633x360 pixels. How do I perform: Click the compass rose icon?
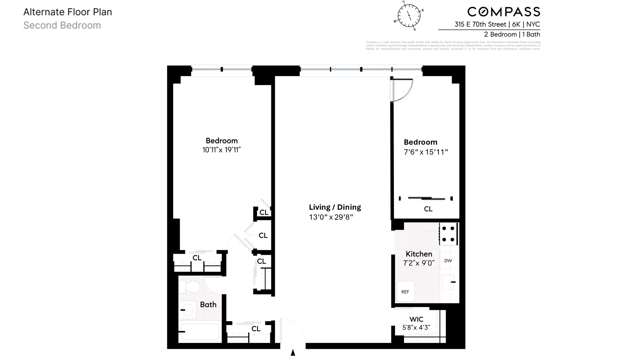pyautogui.click(x=409, y=15)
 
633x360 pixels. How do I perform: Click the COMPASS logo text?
pyautogui.click(x=504, y=12)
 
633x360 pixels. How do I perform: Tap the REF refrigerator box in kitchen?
pyautogui.click(x=405, y=292)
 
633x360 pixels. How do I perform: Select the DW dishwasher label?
pyautogui.click(x=448, y=261)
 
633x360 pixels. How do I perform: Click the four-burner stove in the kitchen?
pyautogui.click(x=448, y=234)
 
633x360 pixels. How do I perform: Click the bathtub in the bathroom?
pyautogui.click(x=200, y=331)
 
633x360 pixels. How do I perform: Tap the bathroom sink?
pyautogui.click(x=187, y=310)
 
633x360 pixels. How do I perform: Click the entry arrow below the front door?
pyautogui.click(x=293, y=353)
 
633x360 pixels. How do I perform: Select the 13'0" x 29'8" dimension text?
pyautogui.click(x=331, y=217)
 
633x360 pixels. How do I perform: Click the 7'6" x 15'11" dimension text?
pyautogui.click(x=426, y=152)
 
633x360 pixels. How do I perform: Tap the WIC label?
pyautogui.click(x=416, y=319)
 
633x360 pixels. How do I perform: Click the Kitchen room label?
pyautogui.click(x=419, y=254)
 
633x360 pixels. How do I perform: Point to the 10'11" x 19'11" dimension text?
pyautogui.click(x=221, y=150)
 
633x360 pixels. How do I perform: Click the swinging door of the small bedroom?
pyautogui.click(x=401, y=90)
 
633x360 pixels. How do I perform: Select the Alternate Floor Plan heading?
pyautogui.click(x=68, y=12)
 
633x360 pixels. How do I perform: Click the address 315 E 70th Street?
pyautogui.click(x=480, y=24)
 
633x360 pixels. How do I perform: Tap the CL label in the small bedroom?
pyautogui.click(x=428, y=209)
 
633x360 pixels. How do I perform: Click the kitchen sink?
pyautogui.click(x=448, y=282)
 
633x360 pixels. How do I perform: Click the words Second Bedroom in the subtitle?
pyautogui.click(x=62, y=25)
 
